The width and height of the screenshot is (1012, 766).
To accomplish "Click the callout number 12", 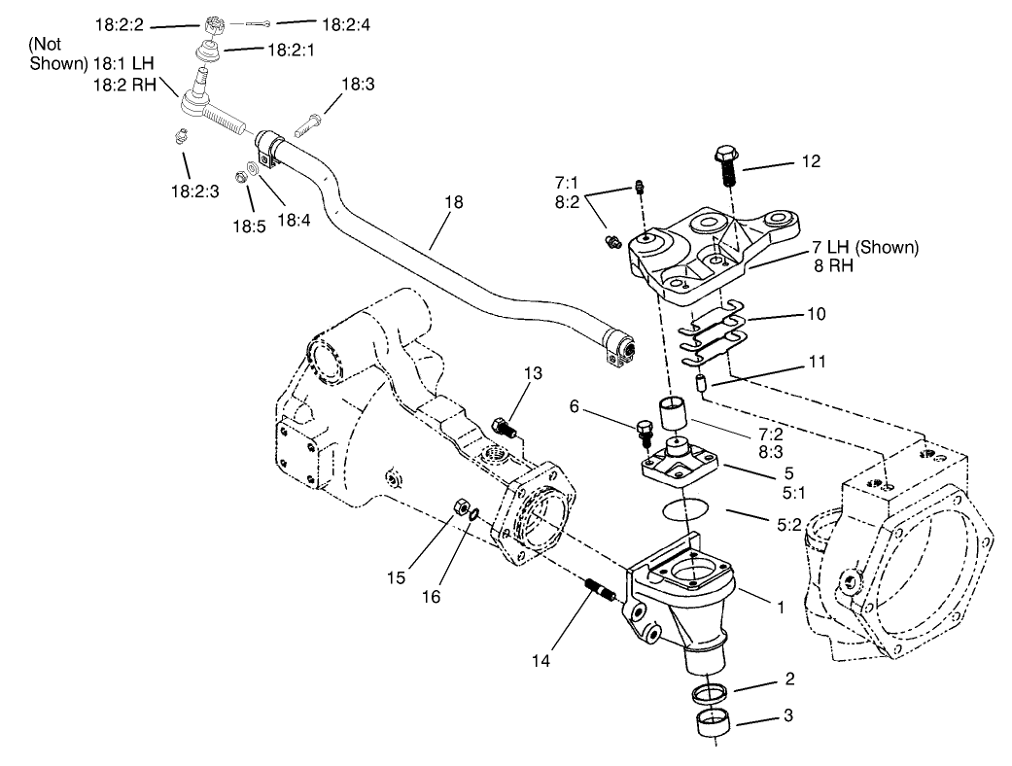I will [x=810, y=161].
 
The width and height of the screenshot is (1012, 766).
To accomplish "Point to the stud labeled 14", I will [x=597, y=590].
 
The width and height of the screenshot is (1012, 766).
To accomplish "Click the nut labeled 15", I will [x=465, y=506].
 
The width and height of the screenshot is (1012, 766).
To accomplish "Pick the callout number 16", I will [x=432, y=595].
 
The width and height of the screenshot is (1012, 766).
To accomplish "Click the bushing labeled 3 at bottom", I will [x=715, y=724].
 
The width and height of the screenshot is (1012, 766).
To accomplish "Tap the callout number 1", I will [x=779, y=605].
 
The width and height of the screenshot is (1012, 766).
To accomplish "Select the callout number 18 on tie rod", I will [x=453, y=202].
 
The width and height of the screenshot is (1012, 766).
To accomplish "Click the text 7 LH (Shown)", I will [x=862, y=247].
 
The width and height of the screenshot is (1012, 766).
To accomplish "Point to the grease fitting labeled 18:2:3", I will [x=179, y=136].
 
